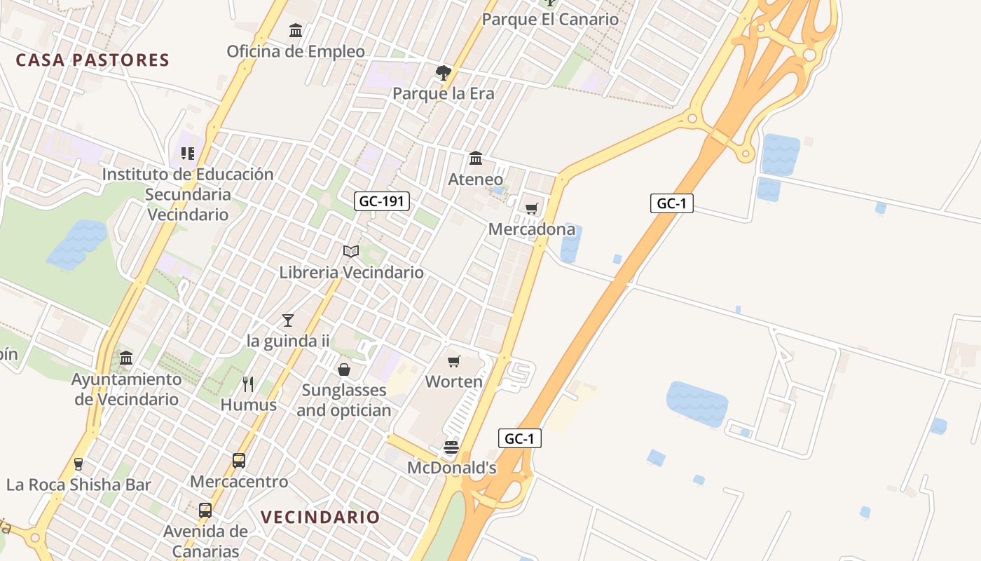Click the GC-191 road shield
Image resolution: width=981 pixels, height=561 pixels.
click(381, 202)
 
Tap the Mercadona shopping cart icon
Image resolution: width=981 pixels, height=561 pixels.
click(532, 208)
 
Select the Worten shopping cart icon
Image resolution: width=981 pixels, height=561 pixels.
click(454, 362)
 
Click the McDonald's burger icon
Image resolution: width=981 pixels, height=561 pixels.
click(451, 447)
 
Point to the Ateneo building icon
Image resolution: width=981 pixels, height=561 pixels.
click(476, 158)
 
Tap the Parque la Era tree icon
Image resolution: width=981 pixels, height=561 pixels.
click(443, 72)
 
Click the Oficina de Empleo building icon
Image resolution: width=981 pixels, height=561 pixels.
click(296, 31)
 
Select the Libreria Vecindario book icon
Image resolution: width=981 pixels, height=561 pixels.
click(351, 252)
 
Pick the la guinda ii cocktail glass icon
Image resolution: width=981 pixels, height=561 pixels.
click(288, 320)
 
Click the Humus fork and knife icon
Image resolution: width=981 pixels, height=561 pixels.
click(248, 384)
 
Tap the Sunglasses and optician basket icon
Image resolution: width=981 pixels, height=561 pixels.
click(344, 369)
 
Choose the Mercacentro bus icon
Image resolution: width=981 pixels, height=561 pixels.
click(239, 461)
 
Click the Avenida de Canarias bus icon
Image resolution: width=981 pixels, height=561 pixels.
click(205, 511)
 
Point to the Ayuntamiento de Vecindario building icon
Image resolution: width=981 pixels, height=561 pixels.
click(126, 358)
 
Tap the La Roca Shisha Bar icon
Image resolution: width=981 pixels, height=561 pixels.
click(78, 464)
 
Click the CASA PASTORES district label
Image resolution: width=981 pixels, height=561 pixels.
click(92, 60)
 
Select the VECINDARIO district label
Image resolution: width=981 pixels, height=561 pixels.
click(320, 518)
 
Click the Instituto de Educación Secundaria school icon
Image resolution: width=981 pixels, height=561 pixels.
click(187, 153)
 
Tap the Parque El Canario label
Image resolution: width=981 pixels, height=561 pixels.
click(550, 19)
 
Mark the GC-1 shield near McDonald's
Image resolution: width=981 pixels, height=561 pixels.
click(520, 439)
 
